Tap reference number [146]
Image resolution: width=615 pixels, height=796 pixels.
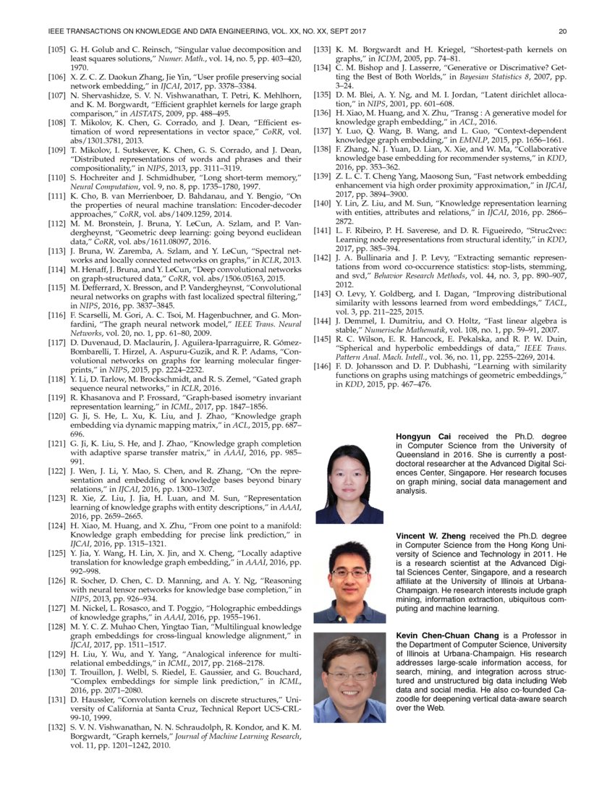(324, 368)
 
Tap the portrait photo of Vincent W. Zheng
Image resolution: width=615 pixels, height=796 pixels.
(349, 582)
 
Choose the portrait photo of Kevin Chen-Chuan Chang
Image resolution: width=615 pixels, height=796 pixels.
(349, 677)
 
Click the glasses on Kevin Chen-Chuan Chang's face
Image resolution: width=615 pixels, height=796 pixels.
(349, 674)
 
